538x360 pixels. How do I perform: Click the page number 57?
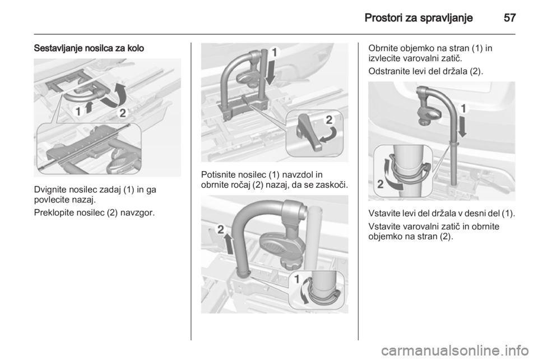[509, 17]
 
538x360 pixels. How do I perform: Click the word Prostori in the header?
[383, 17]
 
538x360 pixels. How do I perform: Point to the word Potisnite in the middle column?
[217, 174]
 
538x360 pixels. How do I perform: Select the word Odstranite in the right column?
[386, 71]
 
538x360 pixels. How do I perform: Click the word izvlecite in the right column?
[382, 58]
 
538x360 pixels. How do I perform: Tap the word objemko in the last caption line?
[383, 237]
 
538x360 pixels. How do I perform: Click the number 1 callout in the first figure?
[78, 112]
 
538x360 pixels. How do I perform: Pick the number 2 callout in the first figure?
[123, 113]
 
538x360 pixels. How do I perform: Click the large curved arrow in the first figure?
[115, 94]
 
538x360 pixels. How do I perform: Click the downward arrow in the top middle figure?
[270, 71]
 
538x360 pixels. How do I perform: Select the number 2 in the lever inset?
[329, 120]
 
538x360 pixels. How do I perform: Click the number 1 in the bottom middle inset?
[297, 279]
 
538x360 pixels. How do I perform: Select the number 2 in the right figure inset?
[380, 184]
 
